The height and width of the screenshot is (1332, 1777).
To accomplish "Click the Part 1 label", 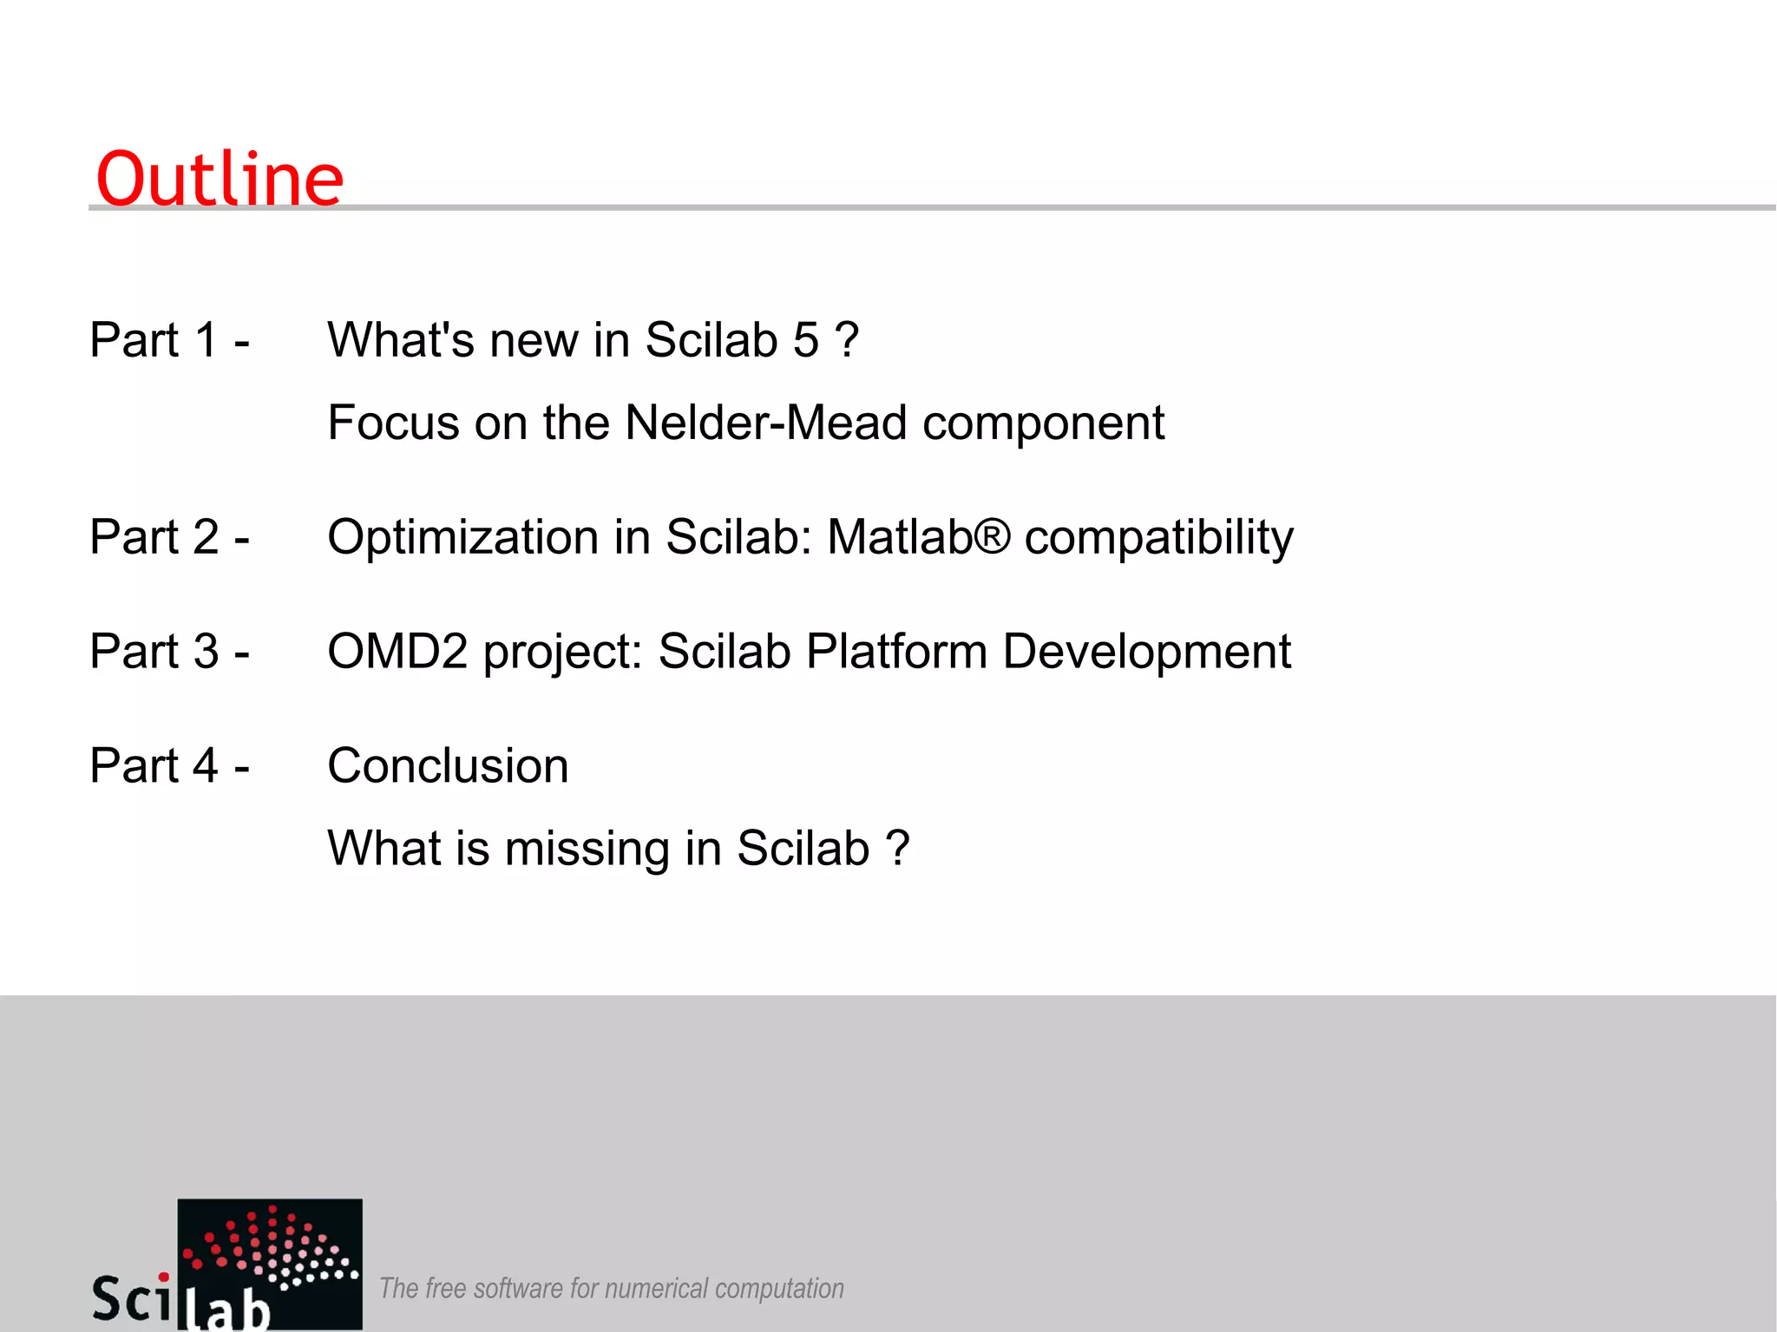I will point(169,339).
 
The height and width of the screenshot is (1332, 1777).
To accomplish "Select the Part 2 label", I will point(169,536).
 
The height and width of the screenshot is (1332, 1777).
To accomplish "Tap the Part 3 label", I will point(169,651).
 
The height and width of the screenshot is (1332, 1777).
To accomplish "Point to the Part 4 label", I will point(169,765).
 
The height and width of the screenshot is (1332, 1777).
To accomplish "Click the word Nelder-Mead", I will point(766,423).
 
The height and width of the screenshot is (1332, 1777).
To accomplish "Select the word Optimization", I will point(462,537).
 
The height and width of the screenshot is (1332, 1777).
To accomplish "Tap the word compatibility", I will point(1158,538).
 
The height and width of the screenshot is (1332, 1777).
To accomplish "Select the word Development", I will point(1146,651).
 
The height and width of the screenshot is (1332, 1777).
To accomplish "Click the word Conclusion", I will point(448,765).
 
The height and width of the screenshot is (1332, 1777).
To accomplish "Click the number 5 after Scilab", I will point(805,339).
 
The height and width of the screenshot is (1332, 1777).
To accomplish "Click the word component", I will point(1043,423).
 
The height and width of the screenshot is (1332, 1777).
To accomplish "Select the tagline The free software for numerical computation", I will point(611,1289).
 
